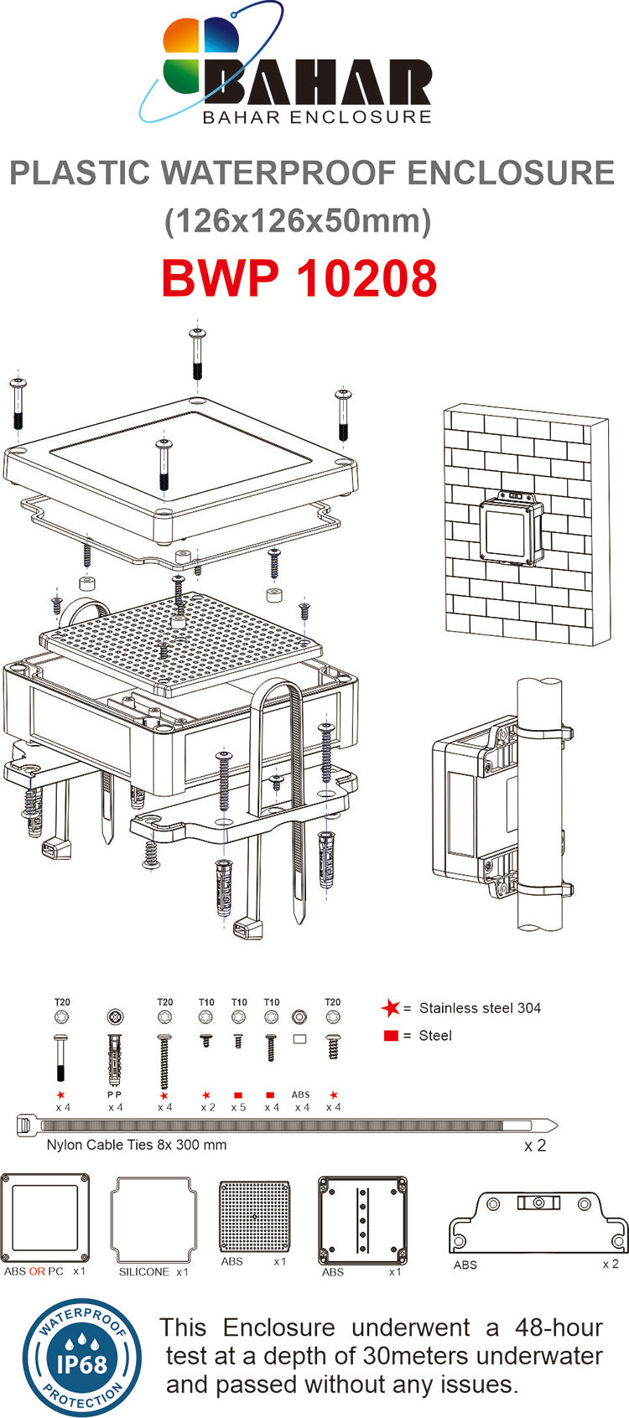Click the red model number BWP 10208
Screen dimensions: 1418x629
(x=299, y=278)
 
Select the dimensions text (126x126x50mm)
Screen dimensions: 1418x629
(x=299, y=221)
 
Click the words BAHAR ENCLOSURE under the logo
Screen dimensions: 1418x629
(x=317, y=117)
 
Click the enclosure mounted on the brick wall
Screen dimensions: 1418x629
(x=509, y=530)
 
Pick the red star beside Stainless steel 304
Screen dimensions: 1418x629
(x=390, y=1008)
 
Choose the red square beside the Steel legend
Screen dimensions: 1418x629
(x=390, y=1036)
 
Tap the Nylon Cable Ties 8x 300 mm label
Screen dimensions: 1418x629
(x=137, y=1145)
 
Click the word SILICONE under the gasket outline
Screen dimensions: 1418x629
(x=144, y=1271)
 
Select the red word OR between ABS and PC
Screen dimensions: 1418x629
(x=37, y=1271)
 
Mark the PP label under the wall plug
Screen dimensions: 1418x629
(x=115, y=1095)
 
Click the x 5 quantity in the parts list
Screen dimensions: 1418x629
(x=238, y=1107)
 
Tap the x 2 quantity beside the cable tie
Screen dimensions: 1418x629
(x=534, y=1146)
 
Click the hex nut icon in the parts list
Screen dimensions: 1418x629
(x=299, y=1017)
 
